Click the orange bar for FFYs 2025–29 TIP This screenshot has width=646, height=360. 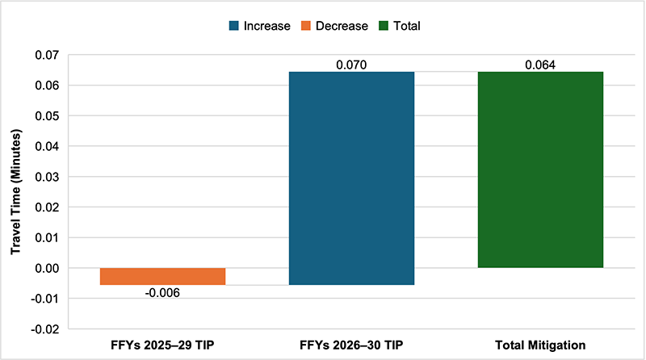tap(162, 276)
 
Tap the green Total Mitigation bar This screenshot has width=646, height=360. tap(540, 170)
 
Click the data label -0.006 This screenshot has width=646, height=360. tap(162, 292)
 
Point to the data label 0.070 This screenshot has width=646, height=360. tap(351, 65)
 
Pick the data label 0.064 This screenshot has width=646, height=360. tap(540, 65)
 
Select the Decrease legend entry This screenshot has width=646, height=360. tap(334, 26)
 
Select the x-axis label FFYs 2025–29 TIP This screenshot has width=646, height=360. tap(162, 345)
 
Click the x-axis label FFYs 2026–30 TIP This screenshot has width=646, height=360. tap(351, 345)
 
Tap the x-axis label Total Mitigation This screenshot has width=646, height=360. tap(540, 345)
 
